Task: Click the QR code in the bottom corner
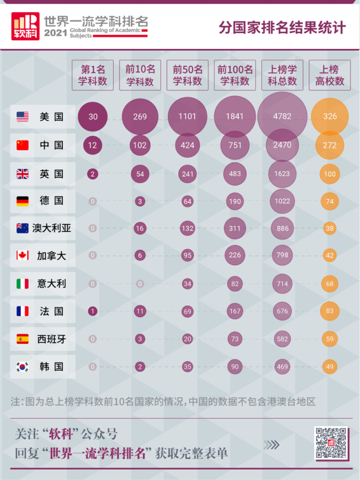[331, 443]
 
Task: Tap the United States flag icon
[22, 117]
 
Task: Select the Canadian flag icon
[22, 256]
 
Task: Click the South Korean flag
[22, 367]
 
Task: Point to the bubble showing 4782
[282, 117]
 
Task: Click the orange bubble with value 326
[330, 117]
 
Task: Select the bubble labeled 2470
[282, 146]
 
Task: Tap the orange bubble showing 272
[330, 146]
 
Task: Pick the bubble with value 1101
[187, 117]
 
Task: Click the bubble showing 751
[234, 146]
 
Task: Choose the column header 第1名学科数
[93, 75]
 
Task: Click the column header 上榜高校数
[330, 75]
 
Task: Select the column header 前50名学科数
[187, 75]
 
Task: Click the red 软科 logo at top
[25, 26]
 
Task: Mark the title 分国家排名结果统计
[282, 28]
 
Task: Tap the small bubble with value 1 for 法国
[93, 311]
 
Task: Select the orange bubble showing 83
[330, 311]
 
